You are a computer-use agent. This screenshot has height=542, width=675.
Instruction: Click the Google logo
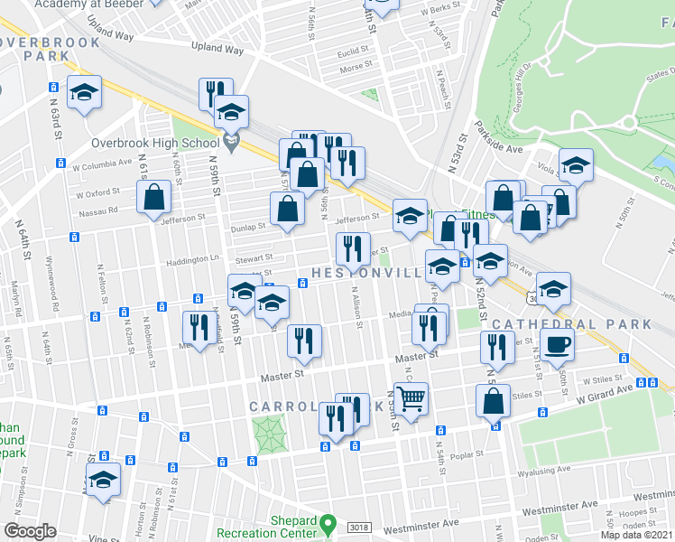(30, 531)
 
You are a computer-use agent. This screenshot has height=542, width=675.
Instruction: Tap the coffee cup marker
(556, 343)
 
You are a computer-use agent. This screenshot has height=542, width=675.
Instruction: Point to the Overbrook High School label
(156, 143)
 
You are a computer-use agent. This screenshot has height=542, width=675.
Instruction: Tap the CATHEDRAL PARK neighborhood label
(572, 323)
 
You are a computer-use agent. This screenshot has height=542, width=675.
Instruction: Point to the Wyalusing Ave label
(543, 470)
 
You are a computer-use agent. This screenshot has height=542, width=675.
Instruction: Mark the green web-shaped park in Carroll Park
(271, 435)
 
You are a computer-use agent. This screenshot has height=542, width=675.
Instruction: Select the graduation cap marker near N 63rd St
(86, 93)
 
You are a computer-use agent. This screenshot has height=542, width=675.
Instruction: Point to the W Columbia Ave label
(103, 165)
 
